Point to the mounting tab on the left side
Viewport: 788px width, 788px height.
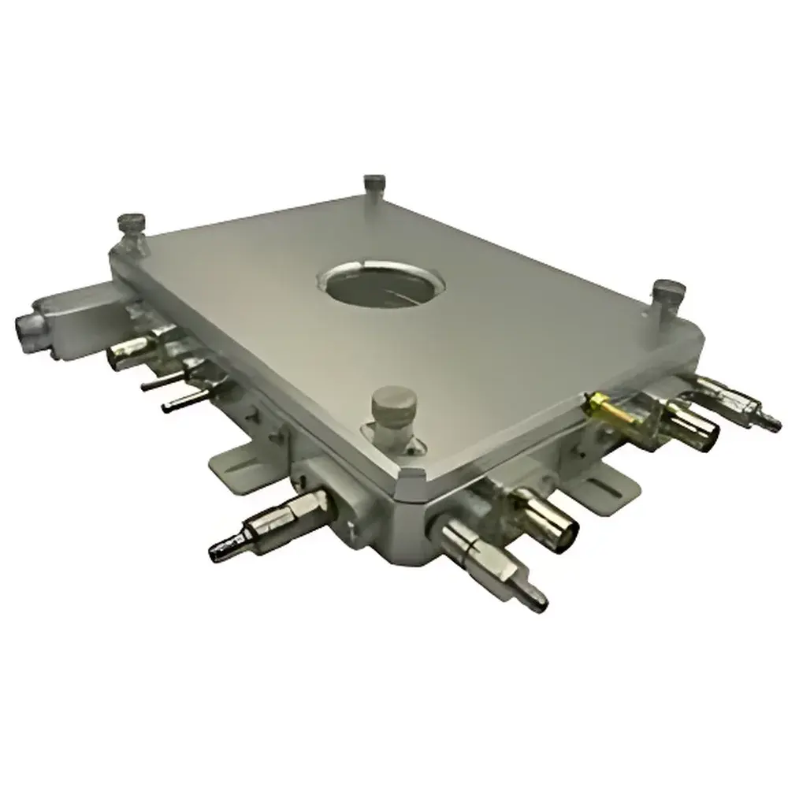click(236, 471)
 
